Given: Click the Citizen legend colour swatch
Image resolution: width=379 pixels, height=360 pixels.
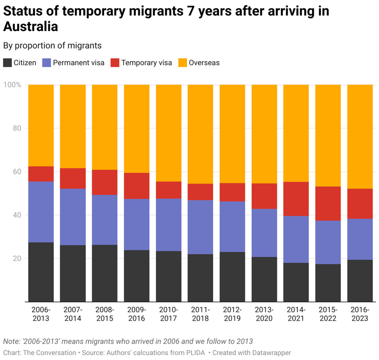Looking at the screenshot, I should tap(8, 63).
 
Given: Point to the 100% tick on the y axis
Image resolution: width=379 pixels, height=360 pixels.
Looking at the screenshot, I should tap(13, 85).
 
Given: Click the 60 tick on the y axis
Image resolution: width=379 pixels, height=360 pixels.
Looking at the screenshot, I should tap(16, 172).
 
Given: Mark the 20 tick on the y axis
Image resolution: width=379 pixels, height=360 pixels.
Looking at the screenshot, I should tap(16, 258).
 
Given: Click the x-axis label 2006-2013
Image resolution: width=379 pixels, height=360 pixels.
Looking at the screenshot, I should tap(41, 314).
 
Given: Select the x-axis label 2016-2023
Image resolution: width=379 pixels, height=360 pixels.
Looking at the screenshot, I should tap(360, 314).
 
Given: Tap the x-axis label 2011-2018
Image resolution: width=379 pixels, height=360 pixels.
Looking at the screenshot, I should tap(200, 314).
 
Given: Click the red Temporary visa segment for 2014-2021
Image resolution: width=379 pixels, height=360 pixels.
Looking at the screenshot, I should tap(296, 199).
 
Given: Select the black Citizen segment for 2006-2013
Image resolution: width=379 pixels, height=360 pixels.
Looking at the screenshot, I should tap(41, 272).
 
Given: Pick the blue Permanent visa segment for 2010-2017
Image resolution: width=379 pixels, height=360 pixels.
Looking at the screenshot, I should tap(168, 225).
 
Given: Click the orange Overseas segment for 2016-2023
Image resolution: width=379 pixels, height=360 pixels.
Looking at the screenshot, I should tap(360, 137).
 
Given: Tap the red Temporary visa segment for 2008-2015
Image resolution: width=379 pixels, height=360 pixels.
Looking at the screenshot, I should tap(105, 182).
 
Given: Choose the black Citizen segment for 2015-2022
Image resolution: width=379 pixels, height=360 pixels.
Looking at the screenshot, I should tap(328, 283).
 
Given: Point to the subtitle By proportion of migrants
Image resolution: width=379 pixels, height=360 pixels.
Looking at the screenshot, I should tap(52, 45).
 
